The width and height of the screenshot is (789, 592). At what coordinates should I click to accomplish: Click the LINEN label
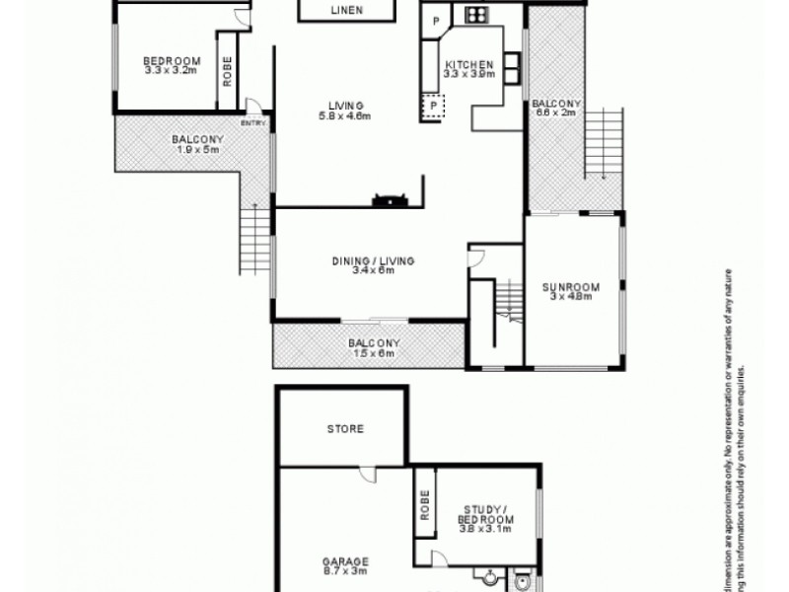coord(345,11)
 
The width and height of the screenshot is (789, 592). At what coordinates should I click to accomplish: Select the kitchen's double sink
coord(514,66)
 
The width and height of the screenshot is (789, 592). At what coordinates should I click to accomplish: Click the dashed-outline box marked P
coord(433,104)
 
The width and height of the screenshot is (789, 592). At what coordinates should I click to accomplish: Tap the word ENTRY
coord(252,123)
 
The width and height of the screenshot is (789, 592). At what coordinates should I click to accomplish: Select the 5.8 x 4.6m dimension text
coord(341,116)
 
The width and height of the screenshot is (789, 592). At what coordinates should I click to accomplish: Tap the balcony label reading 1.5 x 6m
coord(371,348)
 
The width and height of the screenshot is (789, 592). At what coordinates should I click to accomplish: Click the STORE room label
coord(344,429)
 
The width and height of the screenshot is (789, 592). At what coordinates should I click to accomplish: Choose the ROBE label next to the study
coord(423,505)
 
